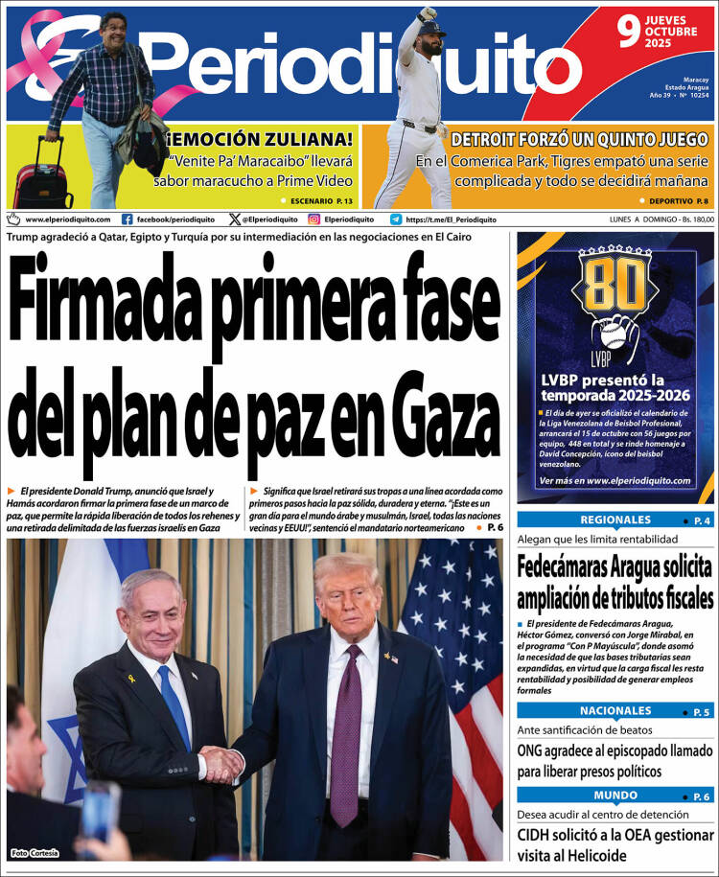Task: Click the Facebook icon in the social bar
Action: (128, 219)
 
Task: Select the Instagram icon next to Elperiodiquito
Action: (313, 219)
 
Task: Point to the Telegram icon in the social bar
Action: (396, 219)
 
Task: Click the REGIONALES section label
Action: (615, 519)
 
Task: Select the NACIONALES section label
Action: (615, 710)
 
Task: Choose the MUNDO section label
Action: (615, 796)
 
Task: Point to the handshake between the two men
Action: (222, 765)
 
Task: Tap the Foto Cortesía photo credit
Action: (35, 853)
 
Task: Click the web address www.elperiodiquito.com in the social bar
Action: (67, 219)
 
